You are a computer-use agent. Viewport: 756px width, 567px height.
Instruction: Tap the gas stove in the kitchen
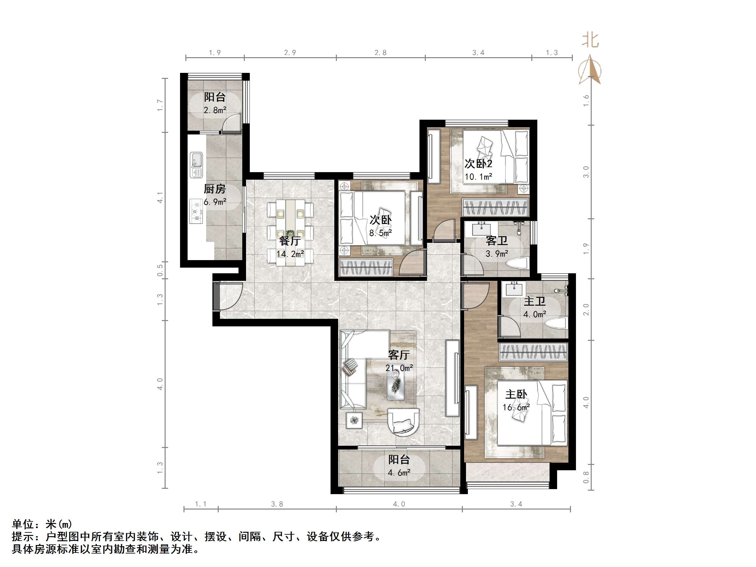pyautogui.click(x=196, y=211)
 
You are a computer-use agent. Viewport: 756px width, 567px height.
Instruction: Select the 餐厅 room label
pyautogui.click(x=290, y=241)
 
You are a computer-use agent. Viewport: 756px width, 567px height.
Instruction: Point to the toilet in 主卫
pyautogui.click(x=556, y=323)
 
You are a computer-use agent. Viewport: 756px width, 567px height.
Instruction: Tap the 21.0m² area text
pyautogui.click(x=399, y=368)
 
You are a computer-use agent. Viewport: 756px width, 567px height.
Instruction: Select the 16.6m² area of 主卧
pyautogui.click(x=516, y=407)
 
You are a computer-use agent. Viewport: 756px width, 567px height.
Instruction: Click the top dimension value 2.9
pyautogui.click(x=290, y=53)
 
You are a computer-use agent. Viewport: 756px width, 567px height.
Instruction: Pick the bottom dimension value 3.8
pyautogui.click(x=277, y=504)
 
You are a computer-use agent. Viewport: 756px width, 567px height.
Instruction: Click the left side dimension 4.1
pyautogui.click(x=160, y=198)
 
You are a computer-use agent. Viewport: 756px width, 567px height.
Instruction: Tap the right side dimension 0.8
pyautogui.click(x=586, y=477)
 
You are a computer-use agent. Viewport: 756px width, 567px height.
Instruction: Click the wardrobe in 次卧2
pyautogui.click(x=495, y=207)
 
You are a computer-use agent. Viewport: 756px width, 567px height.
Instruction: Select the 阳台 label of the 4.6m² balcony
pyautogui.click(x=398, y=460)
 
